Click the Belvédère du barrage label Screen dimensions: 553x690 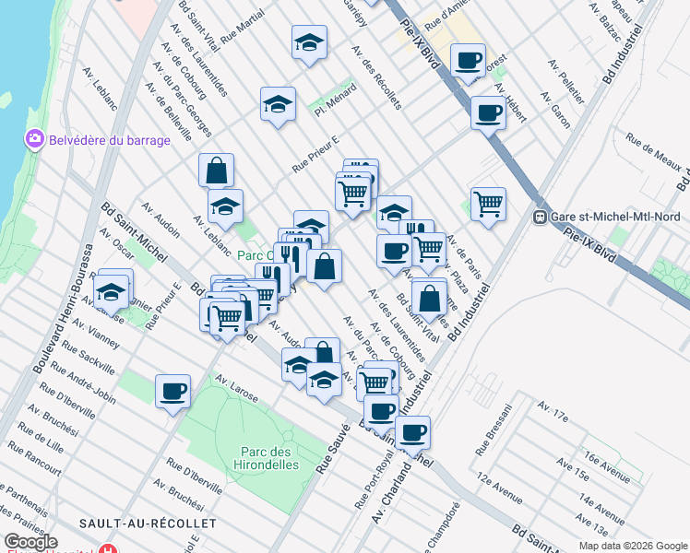click(110, 140)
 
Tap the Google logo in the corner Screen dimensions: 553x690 click(30, 542)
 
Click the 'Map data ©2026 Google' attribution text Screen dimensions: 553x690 click(633, 546)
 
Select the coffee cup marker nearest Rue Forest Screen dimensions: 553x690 click(468, 61)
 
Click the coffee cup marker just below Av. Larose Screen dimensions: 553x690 click(172, 391)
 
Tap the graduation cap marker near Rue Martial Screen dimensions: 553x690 click(310, 41)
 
